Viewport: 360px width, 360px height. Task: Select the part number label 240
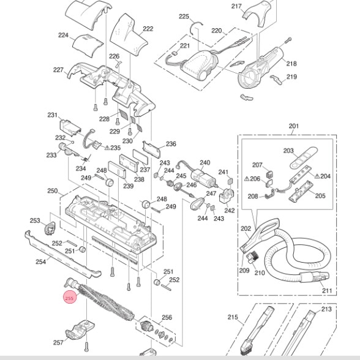click(x=204, y=163)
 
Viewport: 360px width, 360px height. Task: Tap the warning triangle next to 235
click(x=107, y=148)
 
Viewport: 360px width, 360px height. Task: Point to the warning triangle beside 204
click(x=317, y=176)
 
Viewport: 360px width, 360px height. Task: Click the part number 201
click(x=294, y=126)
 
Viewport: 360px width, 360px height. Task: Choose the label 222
click(x=148, y=29)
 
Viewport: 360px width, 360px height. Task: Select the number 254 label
click(x=40, y=261)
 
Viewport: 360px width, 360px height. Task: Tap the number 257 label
click(x=58, y=343)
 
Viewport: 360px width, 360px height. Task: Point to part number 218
click(x=291, y=64)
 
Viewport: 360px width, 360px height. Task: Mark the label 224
click(x=64, y=35)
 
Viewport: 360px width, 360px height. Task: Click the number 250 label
click(x=53, y=191)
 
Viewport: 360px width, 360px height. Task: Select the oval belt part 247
click(x=197, y=203)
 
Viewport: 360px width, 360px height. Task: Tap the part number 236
click(x=171, y=144)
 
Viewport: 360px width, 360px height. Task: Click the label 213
click(x=326, y=309)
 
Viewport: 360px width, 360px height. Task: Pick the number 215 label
click(x=233, y=317)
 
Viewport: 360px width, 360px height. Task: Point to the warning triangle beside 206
click(x=247, y=178)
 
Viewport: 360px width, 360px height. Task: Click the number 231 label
click(x=53, y=115)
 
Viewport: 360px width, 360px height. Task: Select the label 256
click(x=167, y=317)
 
